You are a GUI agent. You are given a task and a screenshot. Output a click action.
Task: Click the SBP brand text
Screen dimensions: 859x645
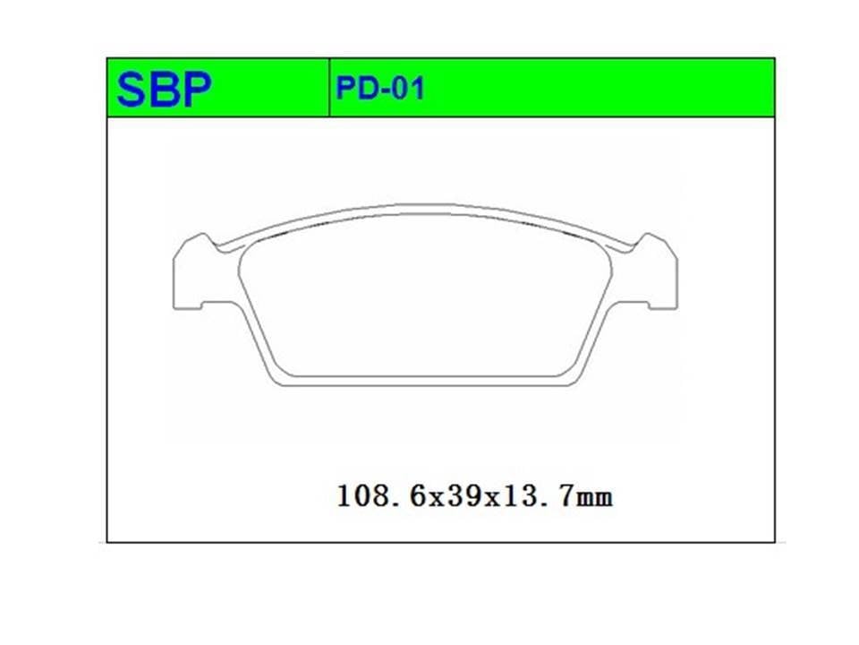pyautogui.click(x=164, y=90)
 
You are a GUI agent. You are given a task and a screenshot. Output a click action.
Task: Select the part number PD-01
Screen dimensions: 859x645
pyautogui.click(x=380, y=89)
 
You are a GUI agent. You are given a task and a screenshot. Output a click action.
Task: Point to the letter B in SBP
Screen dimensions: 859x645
pyautogui.click(x=163, y=90)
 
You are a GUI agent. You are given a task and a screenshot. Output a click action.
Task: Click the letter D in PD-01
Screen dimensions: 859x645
pyautogui.click(x=368, y=89)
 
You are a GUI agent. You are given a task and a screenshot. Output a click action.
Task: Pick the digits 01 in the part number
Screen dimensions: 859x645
pyautogui.click(x=409, y=89)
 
